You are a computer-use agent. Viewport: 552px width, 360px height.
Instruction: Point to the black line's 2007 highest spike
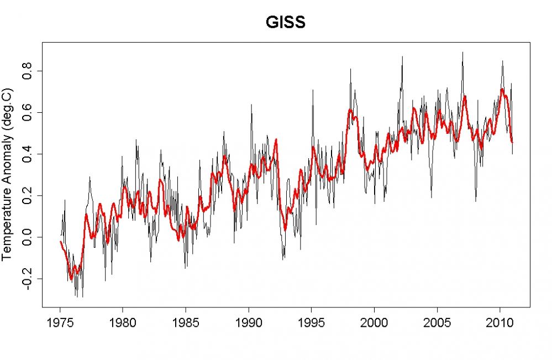point(462,53)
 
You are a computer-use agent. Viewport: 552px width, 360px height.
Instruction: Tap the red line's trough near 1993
point(285,229)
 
